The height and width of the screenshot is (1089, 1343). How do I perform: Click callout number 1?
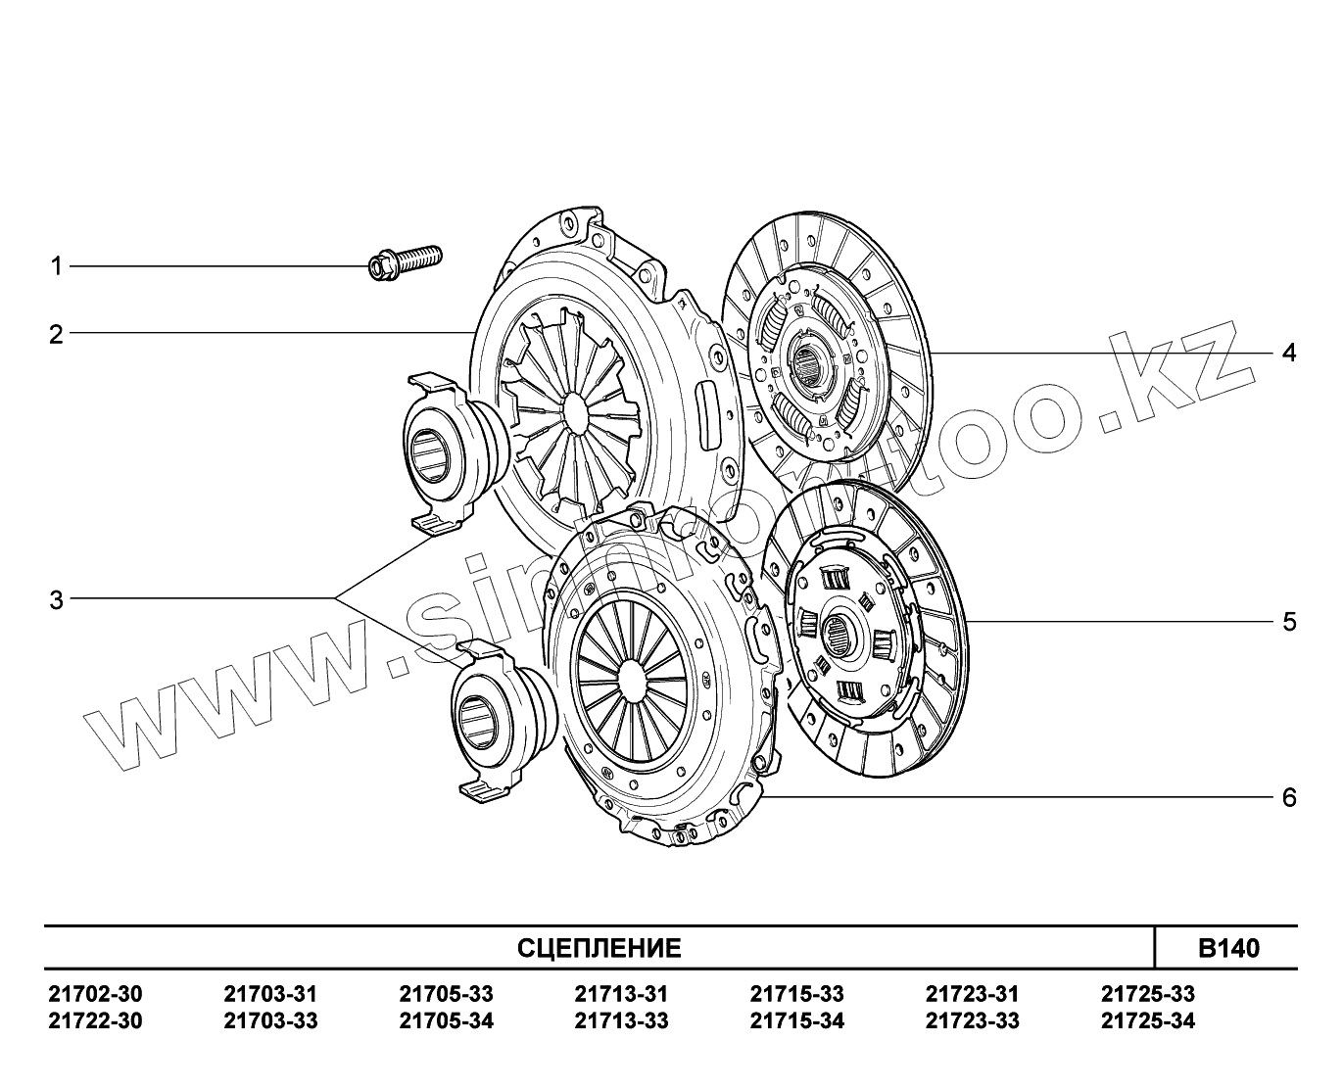click(x=57, y=266)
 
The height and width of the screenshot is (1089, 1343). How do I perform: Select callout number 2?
click(x=57, y=335)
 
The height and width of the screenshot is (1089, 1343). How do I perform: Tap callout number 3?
click(x=57, y=600)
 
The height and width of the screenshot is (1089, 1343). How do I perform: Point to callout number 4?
click(x=1289, y=353)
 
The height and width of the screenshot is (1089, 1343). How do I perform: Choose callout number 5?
click(x=1289, y=622)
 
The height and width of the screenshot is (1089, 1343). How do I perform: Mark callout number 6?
click(x=1289, y=798)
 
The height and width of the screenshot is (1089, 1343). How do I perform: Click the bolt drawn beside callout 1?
click(x=405, y=262)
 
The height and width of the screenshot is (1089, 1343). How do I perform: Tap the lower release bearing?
click(x=504, y=720)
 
